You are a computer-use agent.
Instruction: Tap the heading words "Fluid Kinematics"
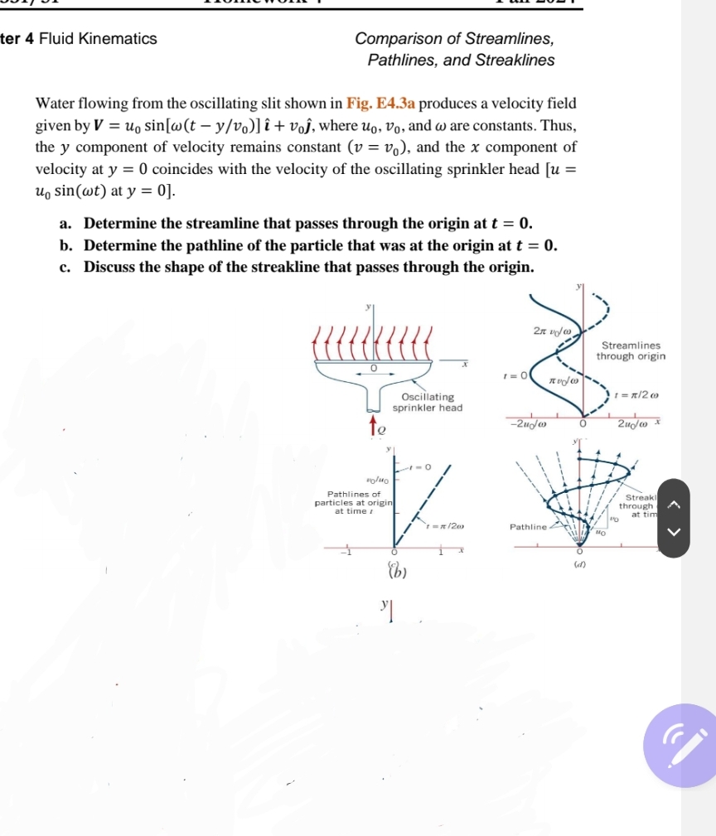(x=98, y=39)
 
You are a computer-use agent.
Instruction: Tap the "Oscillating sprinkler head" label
(x=426, y=403)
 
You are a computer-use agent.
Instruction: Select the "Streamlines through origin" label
(x=631, y=351)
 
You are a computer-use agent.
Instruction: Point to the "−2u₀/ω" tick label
(x=529, y=424)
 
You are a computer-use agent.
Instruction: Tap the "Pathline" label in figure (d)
(x=527, y=526)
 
